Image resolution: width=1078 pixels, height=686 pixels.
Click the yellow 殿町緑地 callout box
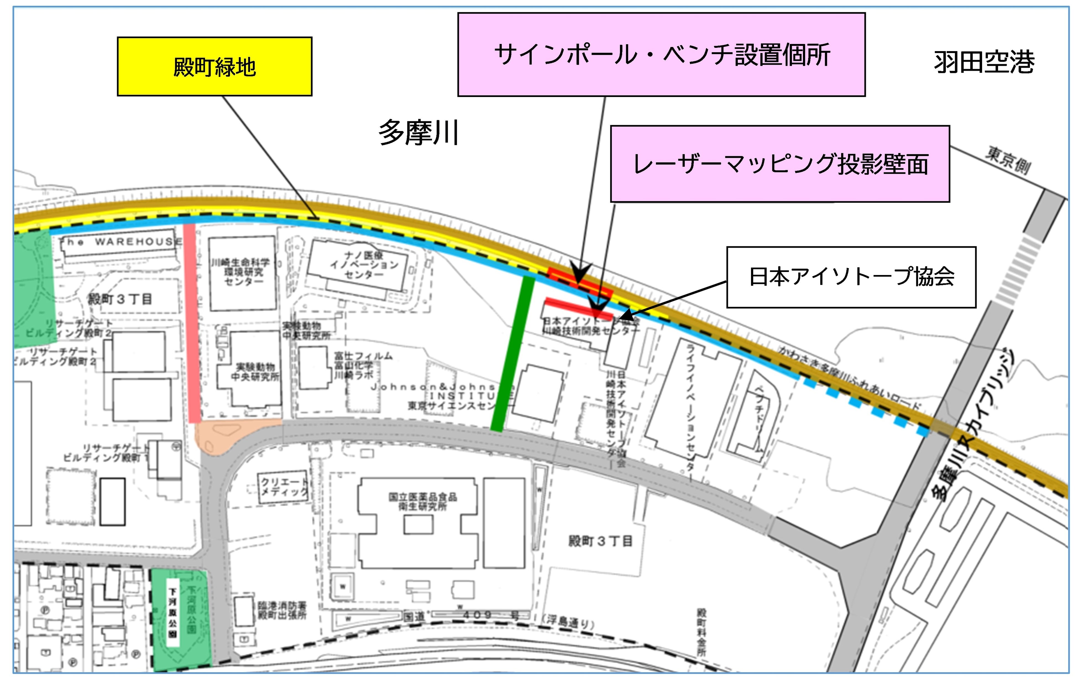click(214, 66)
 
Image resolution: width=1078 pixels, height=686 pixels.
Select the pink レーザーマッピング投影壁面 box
click(780, 164)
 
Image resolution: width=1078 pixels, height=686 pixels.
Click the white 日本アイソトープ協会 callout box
click(851, 277)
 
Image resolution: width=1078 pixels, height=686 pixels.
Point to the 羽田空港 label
click(984, 62)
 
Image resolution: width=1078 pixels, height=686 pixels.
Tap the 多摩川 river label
click(418, 133)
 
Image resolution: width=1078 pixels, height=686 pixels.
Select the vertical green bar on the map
click(512, 354)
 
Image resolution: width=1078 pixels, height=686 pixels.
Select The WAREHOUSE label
click(121, 242)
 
